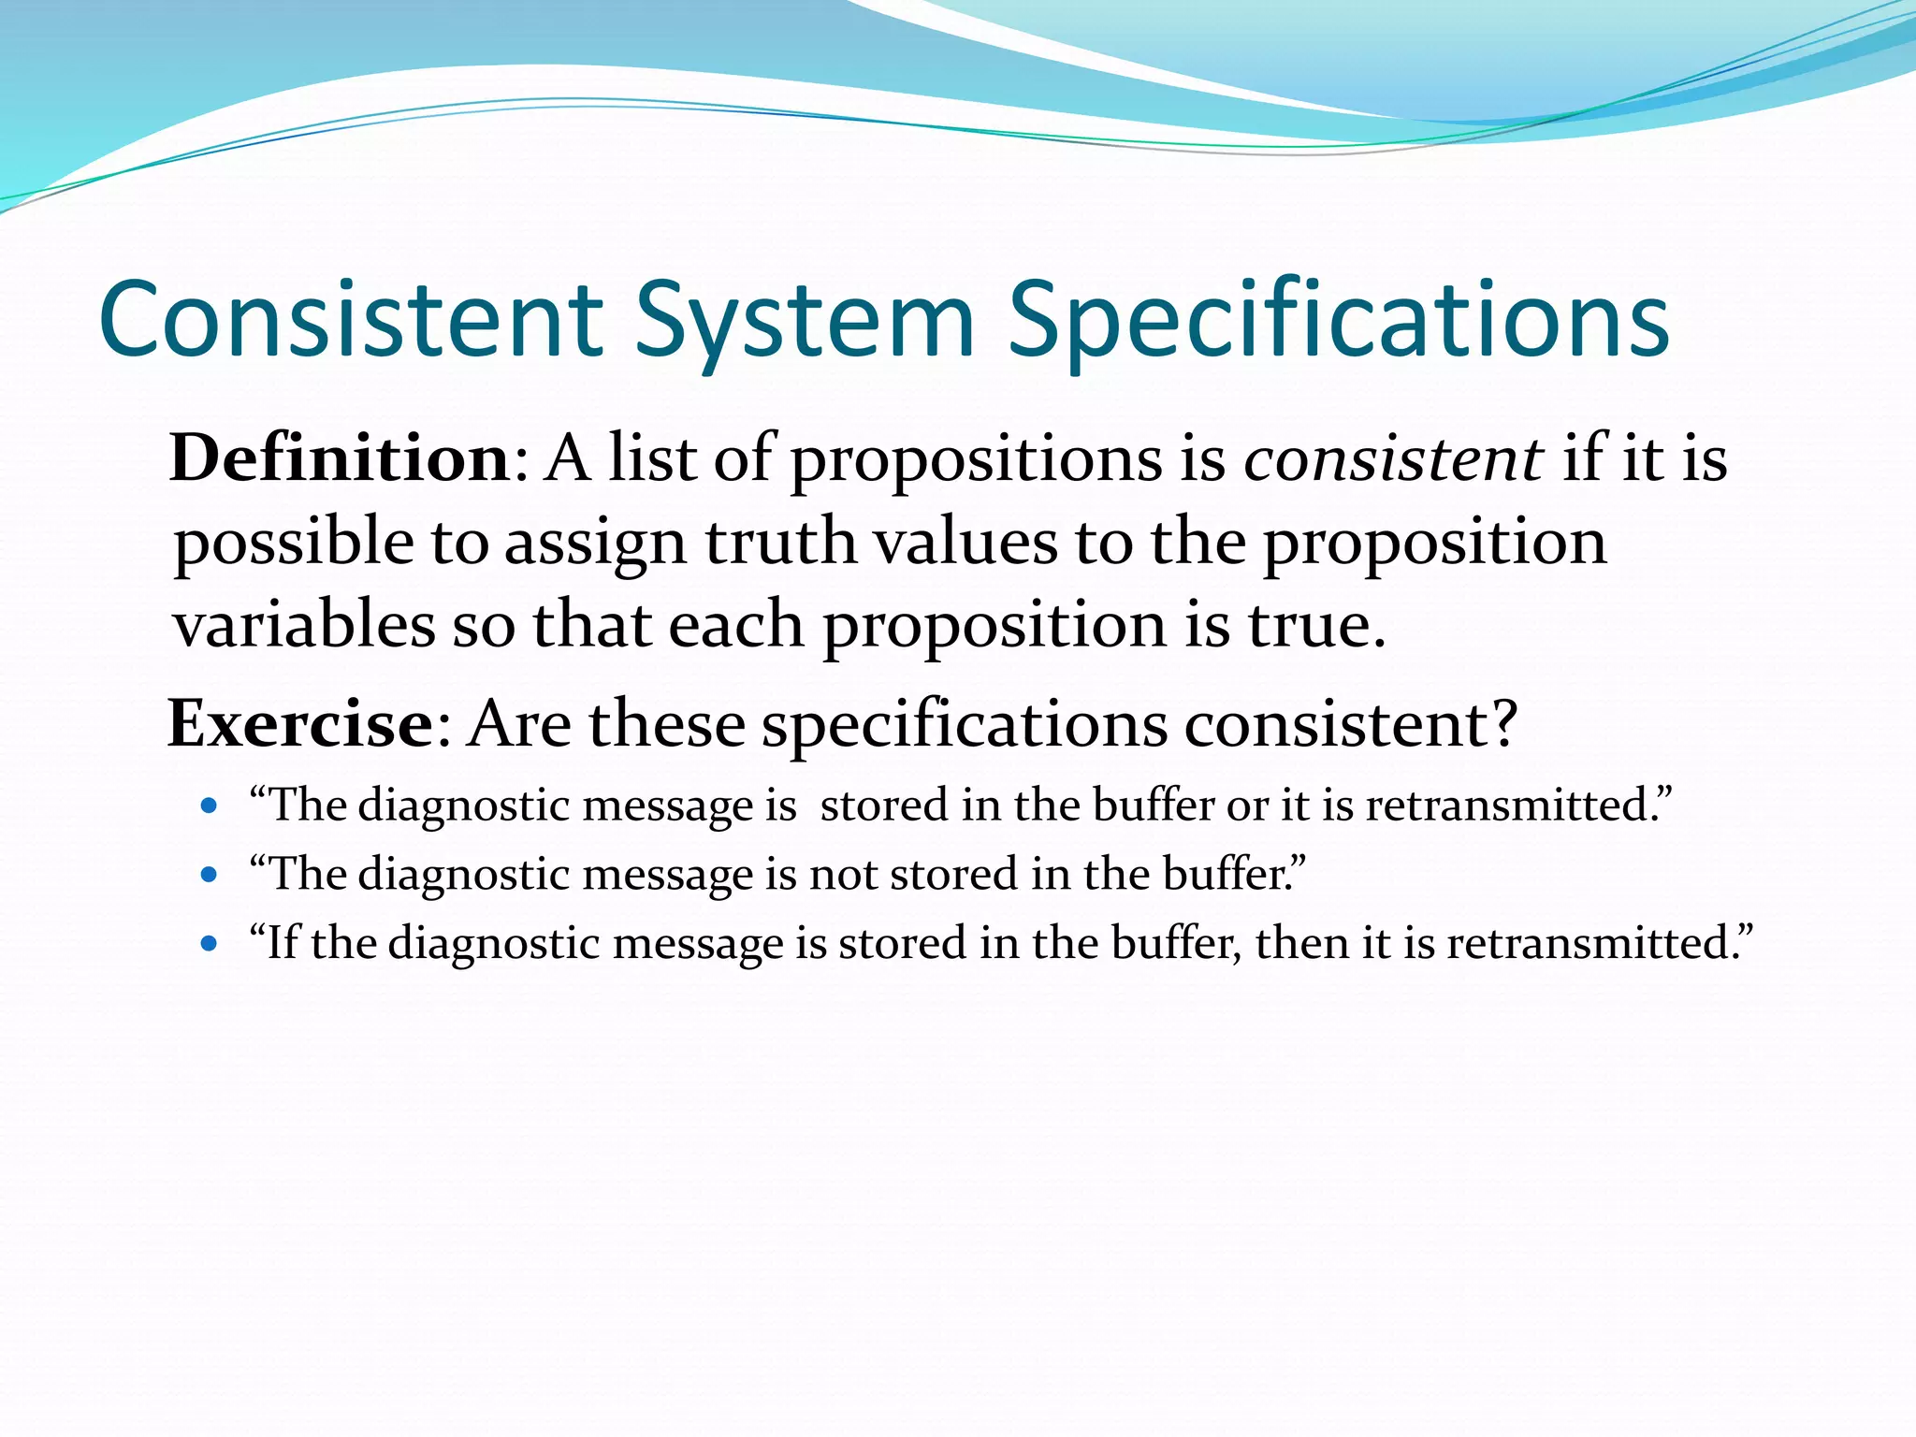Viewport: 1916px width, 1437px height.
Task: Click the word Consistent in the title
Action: pyautogui.click(x=351, y=320)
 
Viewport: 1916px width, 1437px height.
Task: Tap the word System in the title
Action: pyautogui.click(x=805, y=320)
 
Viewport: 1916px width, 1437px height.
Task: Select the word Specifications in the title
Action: pyautogui.click(x=1338, y=320)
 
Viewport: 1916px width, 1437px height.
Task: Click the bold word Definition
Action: pyautogui.click(x=339, y=458)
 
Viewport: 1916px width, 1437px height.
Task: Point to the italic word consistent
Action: pyautogui.click(x=1392, y=458)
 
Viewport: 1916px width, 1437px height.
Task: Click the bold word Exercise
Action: pyautogui.click(x=299, y=723)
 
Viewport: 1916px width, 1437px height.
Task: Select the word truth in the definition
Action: pyautogui.click(x=780, y=542)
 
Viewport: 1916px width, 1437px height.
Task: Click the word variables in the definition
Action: pyautogui.click(x=304, y=625)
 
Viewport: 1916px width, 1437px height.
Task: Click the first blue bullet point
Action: pyautogui.click(x=210, y=806)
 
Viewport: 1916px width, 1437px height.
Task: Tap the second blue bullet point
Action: pyautogui.click(x=210, y=875)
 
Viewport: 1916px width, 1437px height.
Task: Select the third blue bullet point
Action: pyautogui.click(x=210, y=943)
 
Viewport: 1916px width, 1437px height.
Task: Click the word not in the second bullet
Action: pyautogui.click(x=843, y=875)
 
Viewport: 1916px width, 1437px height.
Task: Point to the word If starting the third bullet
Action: pyautogui.click(x=283, y=943)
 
